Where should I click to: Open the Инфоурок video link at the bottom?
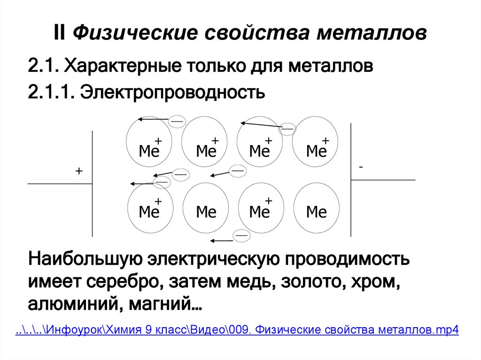click(x=237, y=330)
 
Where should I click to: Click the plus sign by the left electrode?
click(x=78, y=172)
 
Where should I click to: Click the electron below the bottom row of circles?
click(x=242, y=235)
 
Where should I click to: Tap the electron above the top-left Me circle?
click(x=177, y=121)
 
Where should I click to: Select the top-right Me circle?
click(x=316, y=141)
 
